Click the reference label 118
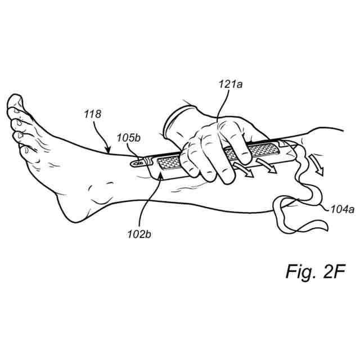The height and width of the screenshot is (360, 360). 93,114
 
